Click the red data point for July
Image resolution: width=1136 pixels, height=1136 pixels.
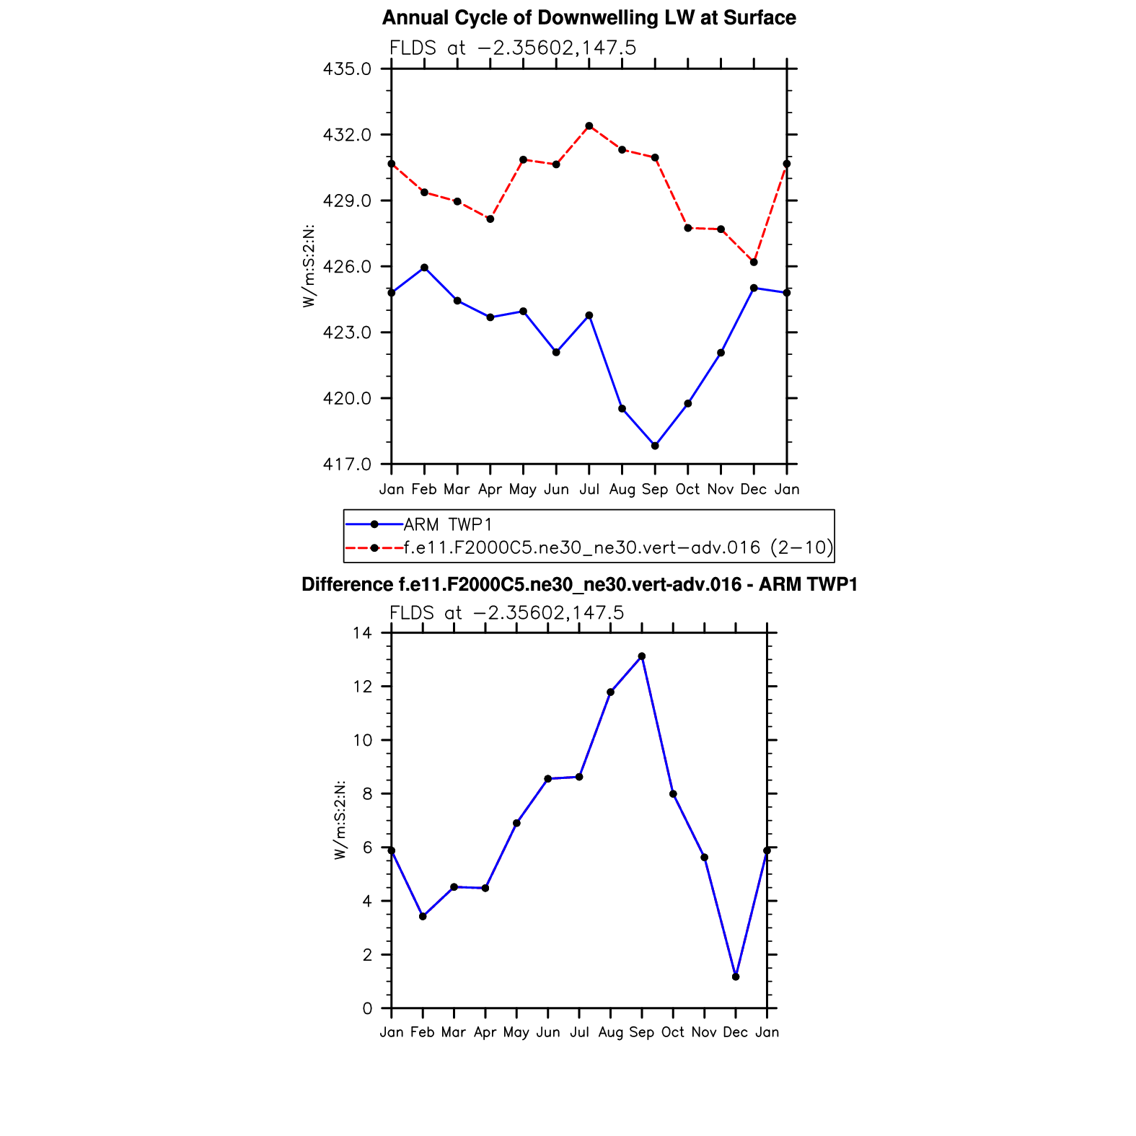[589, 126]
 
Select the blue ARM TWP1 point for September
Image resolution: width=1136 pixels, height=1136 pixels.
[655, 446]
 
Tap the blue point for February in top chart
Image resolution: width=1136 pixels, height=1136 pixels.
[424, 268]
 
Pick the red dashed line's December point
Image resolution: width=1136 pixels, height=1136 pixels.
[754, 262]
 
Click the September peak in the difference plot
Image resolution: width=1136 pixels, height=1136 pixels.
[642, 656]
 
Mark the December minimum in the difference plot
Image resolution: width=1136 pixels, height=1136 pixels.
[736, 977]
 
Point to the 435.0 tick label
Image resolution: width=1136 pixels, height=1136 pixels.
[348, 69]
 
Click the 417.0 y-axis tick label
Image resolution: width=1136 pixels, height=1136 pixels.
[348, 464]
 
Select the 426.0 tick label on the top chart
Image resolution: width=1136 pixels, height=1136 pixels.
[348, 267]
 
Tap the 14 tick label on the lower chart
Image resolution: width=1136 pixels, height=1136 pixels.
[363, 633]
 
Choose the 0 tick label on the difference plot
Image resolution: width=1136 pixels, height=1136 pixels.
[368, 1008]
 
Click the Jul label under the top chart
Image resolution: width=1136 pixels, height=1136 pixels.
[589, 490]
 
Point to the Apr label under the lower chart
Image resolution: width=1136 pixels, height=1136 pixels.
[485, 1033]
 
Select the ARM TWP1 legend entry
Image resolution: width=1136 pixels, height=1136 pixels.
[447, 524]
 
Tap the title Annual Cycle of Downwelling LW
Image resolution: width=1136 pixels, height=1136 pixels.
[589, 18]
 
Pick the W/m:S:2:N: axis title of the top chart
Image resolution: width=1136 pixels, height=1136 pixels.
[309, 266]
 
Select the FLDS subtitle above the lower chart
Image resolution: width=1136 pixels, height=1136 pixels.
[506, 613]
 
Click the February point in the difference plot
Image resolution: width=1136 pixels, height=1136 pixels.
[423, 917]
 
